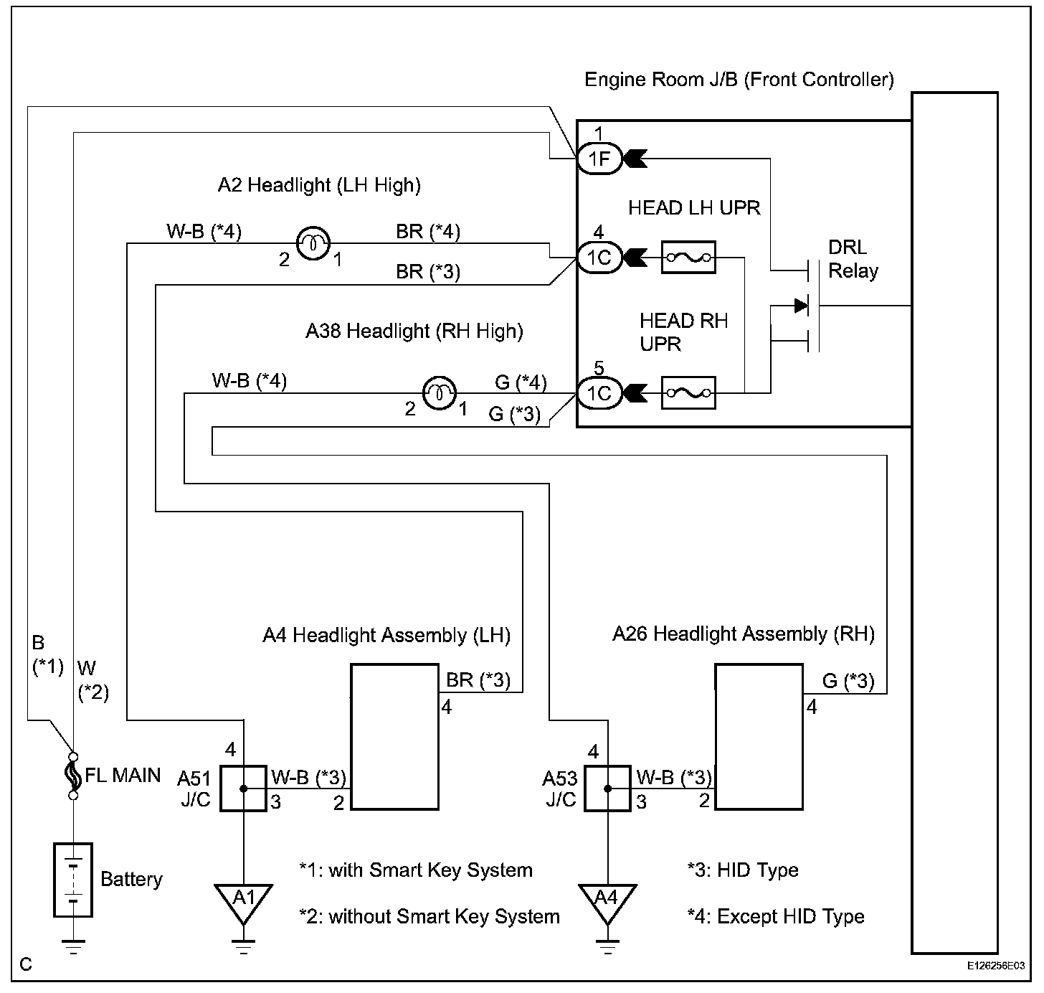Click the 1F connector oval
click(x=599, y=159)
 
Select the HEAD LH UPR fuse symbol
click(x=688, y=257)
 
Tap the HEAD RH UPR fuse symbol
click(x=688, y=392)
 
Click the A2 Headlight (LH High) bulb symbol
click(x=313, y=243)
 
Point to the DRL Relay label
click(x=853, y=259)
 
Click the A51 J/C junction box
click(x=243, y=788)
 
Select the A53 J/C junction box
click(x=607, y=788)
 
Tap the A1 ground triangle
click(x=244, y=901)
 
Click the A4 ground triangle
click(x=607, y=901)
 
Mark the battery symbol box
click(x=73, y=880)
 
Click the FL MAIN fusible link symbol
click(x=72, y=776)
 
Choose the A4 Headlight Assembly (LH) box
click(x=394, y=737)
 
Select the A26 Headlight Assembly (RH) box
click(x=759, y=737)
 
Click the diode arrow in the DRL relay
click(x=801, y=306)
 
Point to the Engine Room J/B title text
click(x=739, y=79)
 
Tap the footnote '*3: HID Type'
click(x=742, y=870)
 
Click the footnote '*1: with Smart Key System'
click(x=416, y=870)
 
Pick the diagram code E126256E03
click(x=995, y=966)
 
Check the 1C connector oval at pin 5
click(x=599, y=393)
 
